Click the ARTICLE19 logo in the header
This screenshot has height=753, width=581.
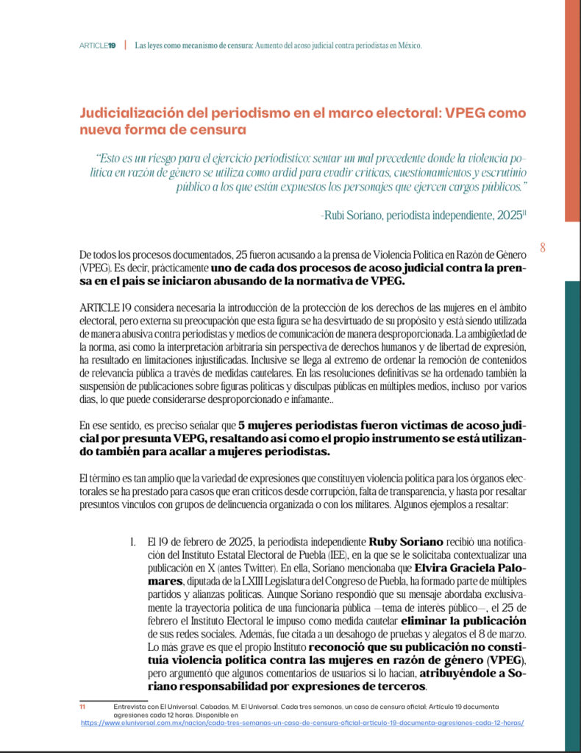[x=97, y=46]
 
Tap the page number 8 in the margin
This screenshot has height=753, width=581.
[x=543, y=248]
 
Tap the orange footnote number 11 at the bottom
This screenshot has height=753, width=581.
[x=83, y=706]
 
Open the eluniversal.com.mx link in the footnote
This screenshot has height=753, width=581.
[x=302, y=723]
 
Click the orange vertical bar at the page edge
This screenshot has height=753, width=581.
[x=572, y=110]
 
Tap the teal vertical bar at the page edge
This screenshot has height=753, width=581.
[x=572, y=515]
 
